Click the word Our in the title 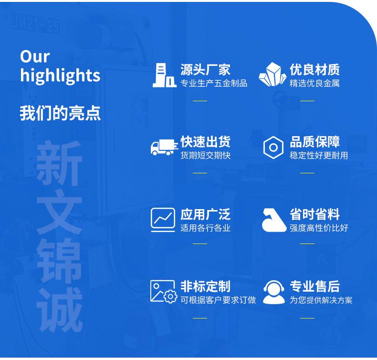pos(35,57)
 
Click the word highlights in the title pos(60,75)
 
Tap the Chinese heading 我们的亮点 pos(60,113)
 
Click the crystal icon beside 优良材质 pos(272,74)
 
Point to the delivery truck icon pos(164,147)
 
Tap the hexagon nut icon pos(273,148)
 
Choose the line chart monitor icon pos(163,220)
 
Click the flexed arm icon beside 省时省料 pos(274,220)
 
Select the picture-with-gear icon pos(164,291)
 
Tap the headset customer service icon pos(274,292)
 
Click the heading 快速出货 pos(206,141)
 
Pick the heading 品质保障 pos(315,141)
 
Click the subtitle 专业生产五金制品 pos(214,83)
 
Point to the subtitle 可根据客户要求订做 pos(218,300)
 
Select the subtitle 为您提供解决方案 pos(321,300)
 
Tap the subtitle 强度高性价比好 pos(319,228)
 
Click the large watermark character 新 pos(59,163)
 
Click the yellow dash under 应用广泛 pos(200,244)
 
